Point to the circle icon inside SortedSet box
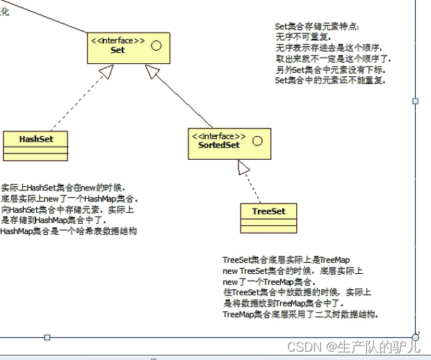pos(257,141)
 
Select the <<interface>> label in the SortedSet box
pos(219,136)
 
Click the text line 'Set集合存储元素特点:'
pos(318,27)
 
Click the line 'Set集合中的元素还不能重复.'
pos(330,81)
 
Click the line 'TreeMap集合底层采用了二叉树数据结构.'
pos(301,315)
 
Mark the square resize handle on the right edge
pos(416,101)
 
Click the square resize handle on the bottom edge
pos(47,337)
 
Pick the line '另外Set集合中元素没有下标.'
pos(330,70)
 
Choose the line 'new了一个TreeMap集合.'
pos(270,282)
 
